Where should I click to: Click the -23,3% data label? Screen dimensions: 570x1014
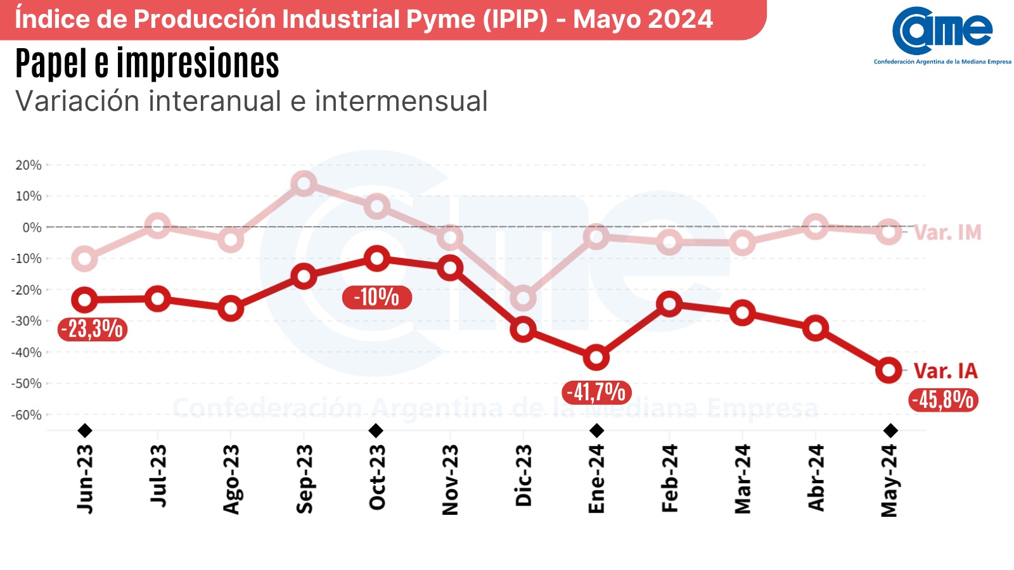click(x=92, y=329)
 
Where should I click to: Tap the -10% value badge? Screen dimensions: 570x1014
click(x=376, y=297)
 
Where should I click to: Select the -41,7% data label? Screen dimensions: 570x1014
click(x=596, y=393)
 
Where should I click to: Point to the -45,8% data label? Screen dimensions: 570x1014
click(x=943, y=400)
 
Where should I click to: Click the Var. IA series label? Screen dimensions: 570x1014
click(x=946, y=371)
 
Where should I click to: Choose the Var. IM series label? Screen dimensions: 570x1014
click(x=948, y=233)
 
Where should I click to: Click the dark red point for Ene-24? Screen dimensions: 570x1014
click(x=596, y=358)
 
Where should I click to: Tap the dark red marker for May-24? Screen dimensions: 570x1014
click(x=889, y=370)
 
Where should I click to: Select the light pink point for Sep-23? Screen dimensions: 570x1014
click(x=304, y=184)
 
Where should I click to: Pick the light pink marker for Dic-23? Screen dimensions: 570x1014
click(x=523, y=298)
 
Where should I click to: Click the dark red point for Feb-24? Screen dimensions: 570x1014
click(x=669, y=304)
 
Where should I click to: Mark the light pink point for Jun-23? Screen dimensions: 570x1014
click(x=84, y=258)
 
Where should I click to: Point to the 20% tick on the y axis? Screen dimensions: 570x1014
click(x=29, y=165)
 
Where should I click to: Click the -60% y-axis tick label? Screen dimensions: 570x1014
click(x=27, y=415)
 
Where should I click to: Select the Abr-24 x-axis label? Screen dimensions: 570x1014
click(x=816, y=478)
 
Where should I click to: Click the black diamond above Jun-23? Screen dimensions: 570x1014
click(x=85, y=431)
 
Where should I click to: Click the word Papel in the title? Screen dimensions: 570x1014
click(x=51, y=64)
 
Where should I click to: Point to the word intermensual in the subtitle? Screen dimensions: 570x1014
click(x=401, y=101)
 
